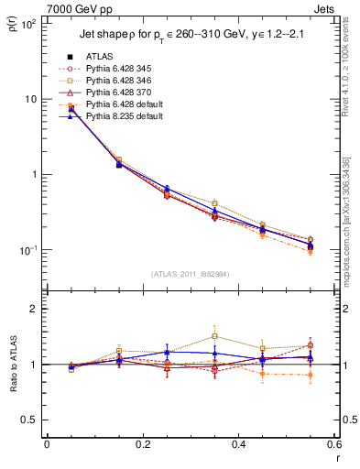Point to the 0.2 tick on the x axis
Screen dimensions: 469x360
(142, 444)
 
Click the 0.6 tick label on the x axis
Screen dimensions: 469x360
(334, 444)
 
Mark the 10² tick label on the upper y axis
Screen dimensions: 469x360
(28, 24)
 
